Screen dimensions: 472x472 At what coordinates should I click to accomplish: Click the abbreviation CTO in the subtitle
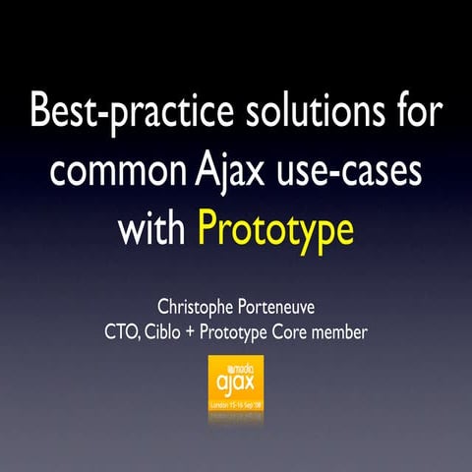121,332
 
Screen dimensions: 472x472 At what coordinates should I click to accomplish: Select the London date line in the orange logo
236,403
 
